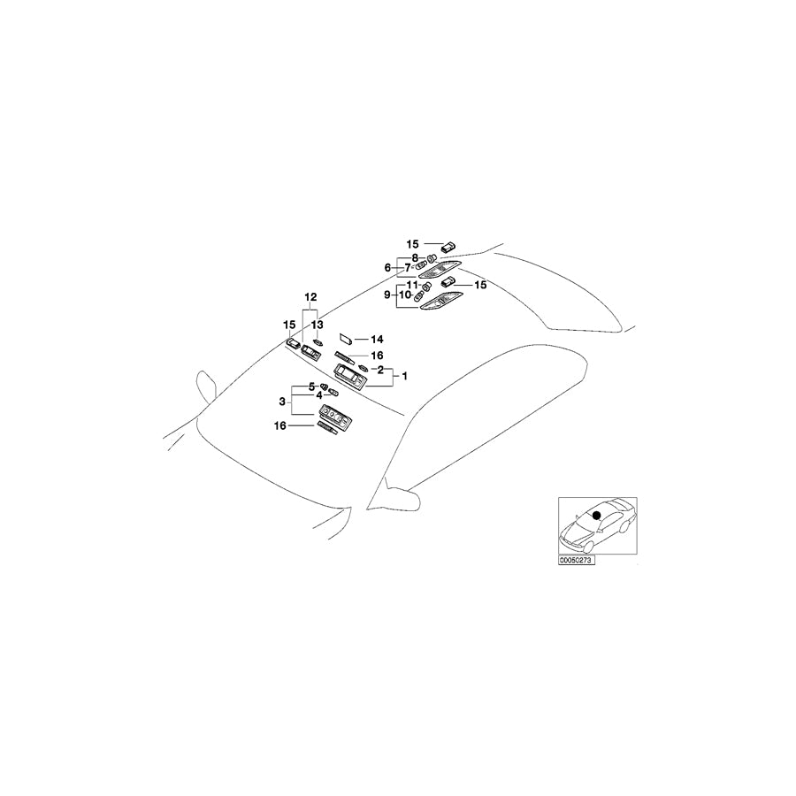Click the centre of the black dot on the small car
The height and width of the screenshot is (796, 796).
point(596,515)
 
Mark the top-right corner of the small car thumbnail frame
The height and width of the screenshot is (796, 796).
point(637,497)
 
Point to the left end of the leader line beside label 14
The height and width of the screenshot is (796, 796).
point(355,339)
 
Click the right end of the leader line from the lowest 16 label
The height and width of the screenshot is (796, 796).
point(315,426)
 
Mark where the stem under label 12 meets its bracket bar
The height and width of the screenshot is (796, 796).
point(310,310)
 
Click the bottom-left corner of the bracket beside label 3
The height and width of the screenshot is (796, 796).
point(292,415)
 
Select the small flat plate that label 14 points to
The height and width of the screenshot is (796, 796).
point(346,339)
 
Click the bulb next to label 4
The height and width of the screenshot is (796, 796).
point(333,393)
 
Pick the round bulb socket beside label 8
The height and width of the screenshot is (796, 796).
point(432,257)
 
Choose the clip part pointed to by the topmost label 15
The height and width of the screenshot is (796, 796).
point(448,248)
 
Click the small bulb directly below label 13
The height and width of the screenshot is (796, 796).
point(318,342)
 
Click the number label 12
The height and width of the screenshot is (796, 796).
point(310,297)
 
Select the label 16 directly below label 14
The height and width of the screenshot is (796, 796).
point(377,356)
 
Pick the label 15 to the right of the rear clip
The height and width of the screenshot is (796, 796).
point(479,285)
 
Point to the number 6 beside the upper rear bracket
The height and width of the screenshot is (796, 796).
point(387,267)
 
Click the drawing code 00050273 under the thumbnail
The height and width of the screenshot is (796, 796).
point(576,561)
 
